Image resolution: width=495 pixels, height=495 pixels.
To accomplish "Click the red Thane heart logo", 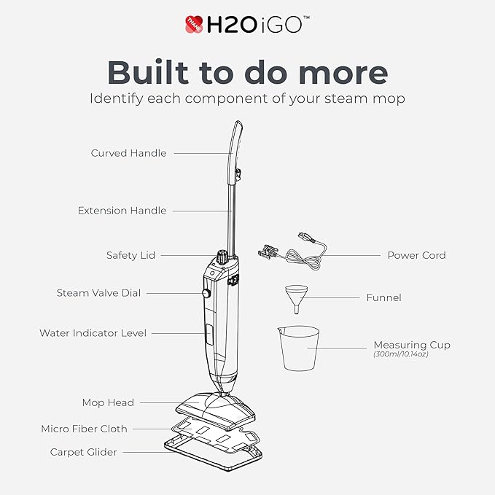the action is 194,24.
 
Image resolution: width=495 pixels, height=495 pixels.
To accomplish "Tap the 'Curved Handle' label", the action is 128,153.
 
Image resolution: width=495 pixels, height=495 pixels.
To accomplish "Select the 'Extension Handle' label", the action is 122,211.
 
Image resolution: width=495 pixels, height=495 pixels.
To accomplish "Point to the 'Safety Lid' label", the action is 130,255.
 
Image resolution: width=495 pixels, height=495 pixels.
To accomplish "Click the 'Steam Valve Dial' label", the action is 98,293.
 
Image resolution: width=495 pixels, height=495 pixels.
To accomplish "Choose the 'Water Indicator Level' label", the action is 93,333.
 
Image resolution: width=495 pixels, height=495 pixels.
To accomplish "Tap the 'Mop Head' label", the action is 108,403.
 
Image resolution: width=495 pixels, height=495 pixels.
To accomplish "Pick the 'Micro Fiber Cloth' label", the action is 84,429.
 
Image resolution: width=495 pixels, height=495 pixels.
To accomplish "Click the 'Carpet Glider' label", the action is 83,452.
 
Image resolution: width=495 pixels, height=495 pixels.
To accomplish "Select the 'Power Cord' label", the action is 417,255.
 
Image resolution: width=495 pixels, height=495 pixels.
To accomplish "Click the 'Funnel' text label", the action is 384,297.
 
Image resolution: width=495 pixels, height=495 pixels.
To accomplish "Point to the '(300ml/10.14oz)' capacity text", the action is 401,354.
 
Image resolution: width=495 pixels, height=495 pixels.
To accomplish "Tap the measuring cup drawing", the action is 298,348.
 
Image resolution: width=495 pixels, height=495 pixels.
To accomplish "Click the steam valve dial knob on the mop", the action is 206,293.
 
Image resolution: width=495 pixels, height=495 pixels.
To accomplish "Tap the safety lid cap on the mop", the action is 222,257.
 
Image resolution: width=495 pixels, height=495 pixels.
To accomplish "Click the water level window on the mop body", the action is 208,334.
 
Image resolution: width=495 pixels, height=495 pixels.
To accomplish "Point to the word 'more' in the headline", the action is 343,72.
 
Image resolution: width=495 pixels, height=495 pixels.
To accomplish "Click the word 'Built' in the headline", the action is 149,71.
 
